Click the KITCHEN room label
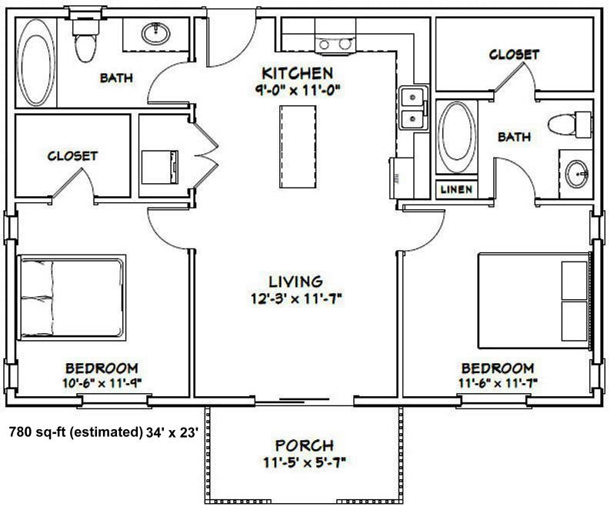[297, 73]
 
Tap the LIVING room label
[295, 282]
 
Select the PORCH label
[304, 445]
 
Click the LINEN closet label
[456, 190]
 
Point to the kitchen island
[298, 146]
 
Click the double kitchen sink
[413, 108]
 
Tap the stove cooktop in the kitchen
[335, 44]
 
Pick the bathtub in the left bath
[36, 63]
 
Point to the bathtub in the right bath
[456, 136]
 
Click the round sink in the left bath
[155, 34]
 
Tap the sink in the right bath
[576, 174]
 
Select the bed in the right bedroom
[534, 301]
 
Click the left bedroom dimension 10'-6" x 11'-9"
[102, 383]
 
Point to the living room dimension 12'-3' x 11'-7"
[296, 299]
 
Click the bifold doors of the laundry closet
[205, 156]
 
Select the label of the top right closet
[514, 55]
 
